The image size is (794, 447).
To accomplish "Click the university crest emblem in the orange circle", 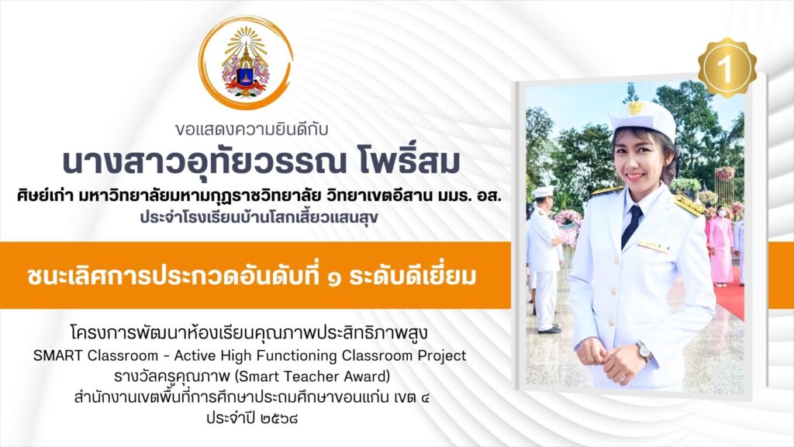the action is coord(246,64).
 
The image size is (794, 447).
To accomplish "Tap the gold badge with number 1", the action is coord(727,68).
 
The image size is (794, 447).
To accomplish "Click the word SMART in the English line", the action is coord(57,355).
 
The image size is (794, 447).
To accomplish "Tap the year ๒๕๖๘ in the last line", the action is coord(280,418).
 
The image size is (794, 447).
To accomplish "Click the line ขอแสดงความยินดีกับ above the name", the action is coord(252,130).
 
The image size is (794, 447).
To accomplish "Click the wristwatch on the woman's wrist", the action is coord(644,351).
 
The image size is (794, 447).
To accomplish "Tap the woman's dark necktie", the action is coord(631,225).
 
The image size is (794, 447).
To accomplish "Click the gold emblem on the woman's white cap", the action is coord(636,108).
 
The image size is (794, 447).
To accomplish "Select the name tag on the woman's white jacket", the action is coord(653,246).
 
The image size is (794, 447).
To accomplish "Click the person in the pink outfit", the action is coord(720,246).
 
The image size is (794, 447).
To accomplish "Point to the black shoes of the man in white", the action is coord(549,329).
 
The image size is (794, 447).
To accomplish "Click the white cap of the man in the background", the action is coord(542,192).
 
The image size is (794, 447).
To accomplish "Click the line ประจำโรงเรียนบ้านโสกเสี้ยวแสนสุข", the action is coord(259,217).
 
